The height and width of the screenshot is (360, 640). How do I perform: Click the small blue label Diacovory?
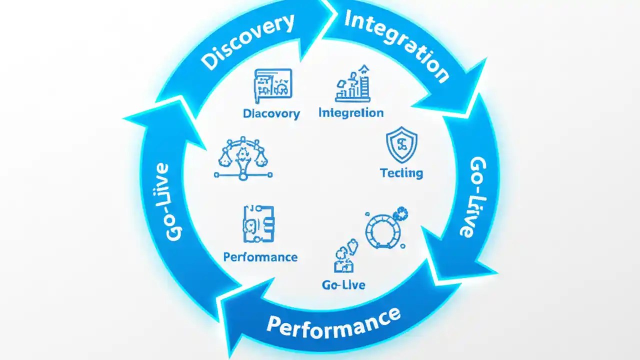(271, 113)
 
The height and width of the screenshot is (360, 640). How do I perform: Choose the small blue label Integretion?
(351, 112)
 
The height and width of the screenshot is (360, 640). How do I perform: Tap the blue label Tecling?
(401, 173)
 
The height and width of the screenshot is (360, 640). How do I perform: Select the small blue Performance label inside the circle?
(260, 257)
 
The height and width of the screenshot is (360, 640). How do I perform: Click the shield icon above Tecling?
(402, 145)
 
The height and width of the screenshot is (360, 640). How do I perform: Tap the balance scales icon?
(243, 158)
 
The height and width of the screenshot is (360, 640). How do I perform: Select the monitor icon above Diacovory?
(273, 83)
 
